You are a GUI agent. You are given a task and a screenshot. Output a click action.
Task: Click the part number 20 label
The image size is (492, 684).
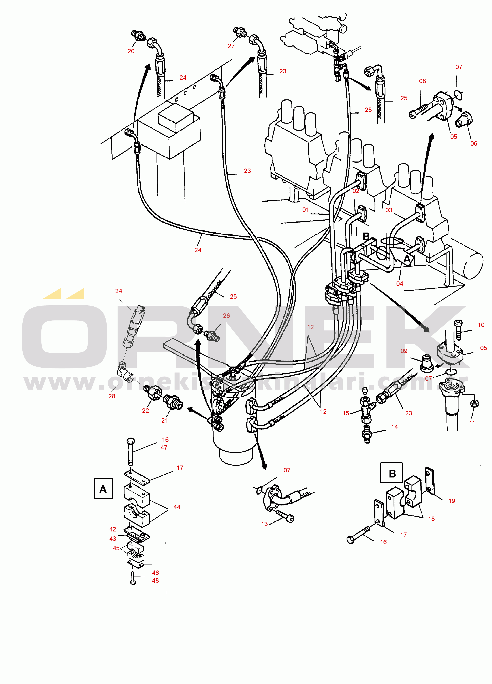point(131,51)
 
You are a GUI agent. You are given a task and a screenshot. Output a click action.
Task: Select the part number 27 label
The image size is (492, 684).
point(231,46)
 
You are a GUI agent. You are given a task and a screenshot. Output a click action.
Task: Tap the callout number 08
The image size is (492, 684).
point(422,81)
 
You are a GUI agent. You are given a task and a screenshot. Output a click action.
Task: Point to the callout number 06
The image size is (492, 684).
point(474,144)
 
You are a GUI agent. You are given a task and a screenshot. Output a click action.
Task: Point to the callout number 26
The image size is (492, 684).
point(226,316)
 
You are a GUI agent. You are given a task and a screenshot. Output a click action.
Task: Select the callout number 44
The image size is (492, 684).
point(177,507)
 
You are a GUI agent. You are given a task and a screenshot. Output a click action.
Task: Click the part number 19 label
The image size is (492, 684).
point(452,501)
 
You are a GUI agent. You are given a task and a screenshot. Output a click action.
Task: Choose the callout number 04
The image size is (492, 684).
point(399,284)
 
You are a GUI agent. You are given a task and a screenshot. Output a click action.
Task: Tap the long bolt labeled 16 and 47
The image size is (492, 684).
point(131,452)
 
